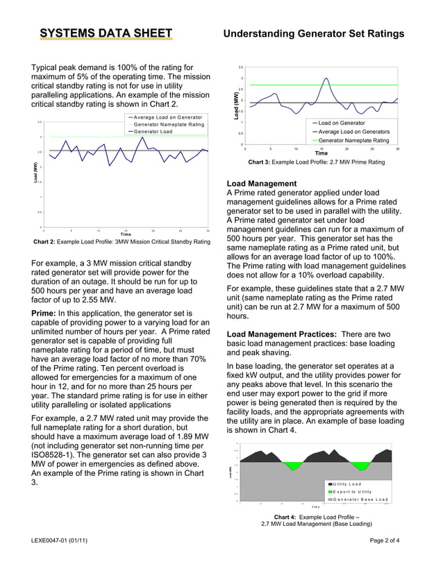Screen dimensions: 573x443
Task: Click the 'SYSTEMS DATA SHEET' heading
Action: [106, 33]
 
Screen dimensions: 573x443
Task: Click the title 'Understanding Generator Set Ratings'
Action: [313, 33]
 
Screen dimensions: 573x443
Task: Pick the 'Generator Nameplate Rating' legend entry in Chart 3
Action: [353, 140]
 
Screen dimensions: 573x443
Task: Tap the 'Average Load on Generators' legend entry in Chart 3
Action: [353, 132]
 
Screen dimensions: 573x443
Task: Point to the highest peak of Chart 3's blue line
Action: [326, 78]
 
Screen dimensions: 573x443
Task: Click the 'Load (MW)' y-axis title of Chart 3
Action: [236, 105]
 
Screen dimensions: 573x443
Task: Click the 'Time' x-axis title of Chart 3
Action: [321, 153]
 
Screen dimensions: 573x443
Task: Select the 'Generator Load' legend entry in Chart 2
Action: [153, 132]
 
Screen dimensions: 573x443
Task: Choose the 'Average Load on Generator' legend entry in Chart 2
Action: [167, 117]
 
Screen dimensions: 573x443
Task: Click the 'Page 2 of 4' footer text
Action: [390, 540]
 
